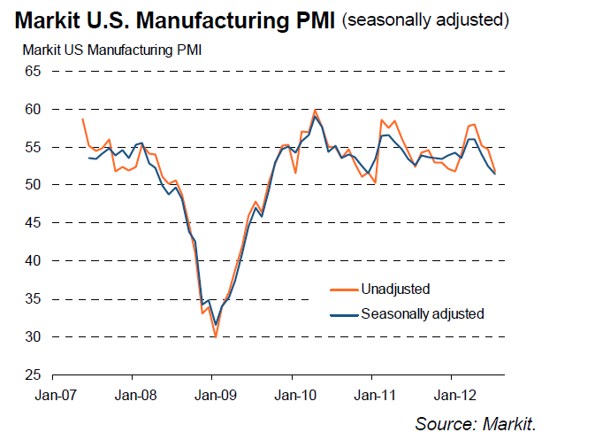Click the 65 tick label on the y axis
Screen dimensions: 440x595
[x=33, y=71]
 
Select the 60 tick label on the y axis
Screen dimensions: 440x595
[x=33, y=109]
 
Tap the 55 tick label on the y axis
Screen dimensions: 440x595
[x=33, y=147]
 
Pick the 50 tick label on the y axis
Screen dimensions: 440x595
[x=33, y=185]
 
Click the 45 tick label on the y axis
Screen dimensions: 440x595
[x=33, y=223]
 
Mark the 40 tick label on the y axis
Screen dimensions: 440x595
[x=33, y=261]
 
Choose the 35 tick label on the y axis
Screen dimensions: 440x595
[x=33, y=299]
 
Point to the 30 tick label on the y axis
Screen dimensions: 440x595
[x=33, y=337]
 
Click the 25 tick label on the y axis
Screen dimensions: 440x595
[x=33, y=375]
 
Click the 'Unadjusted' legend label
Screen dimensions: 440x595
[x=395, y=289]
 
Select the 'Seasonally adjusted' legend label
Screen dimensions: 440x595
[x=423, y=313]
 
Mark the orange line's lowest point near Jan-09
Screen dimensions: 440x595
[x=215, y=336]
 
